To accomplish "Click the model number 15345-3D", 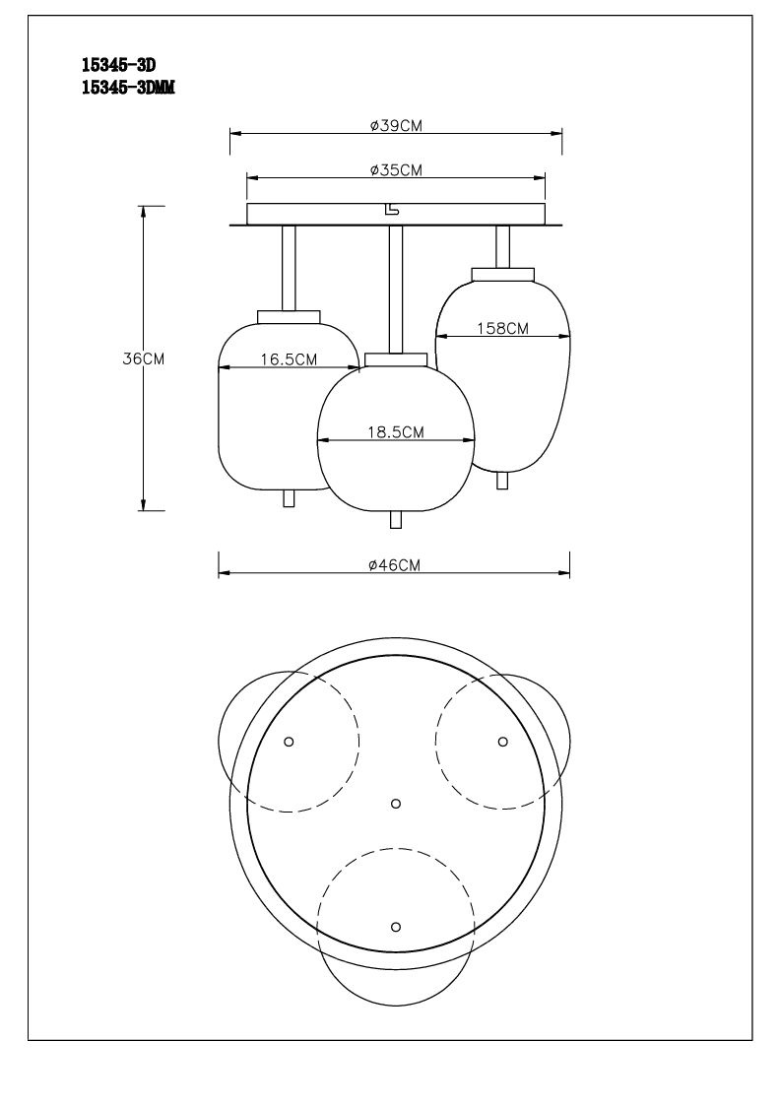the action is click(x=118, y=66).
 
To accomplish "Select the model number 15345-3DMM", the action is click(x=128, y=88).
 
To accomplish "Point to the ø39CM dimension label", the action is click(x=396, y=125).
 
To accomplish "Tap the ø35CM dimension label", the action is click(x=396, y=170).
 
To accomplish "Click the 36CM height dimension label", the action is click(x=143, y=358).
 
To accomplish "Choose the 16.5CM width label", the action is click(x=289, y=359).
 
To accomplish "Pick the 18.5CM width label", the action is click(x=396, y=431).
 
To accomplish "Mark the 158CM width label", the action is click(x=502, y=328).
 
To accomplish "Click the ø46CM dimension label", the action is click(x=394, y=565).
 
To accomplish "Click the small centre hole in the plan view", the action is click(x=396, y=804).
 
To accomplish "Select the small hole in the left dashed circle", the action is click(x=289, y=742).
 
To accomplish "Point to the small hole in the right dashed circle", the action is click(x=503, y=742).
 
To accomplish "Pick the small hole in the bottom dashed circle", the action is click(x=396, y=926).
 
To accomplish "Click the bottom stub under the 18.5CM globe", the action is click(x=396, y=520).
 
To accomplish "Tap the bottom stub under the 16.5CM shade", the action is click(x=289, y=498).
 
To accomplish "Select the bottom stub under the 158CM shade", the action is click(x=502, y=481).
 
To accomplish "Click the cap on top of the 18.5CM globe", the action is click(x=396, y=359).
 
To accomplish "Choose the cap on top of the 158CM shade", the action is click(x=503, y=275).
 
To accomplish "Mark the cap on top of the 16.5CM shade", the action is click(x=289, y=317).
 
